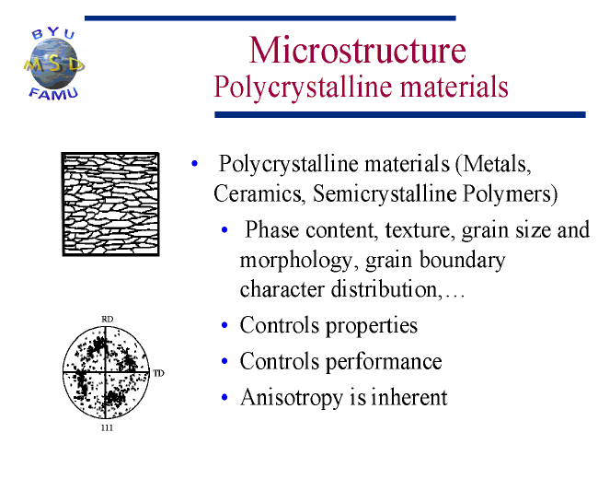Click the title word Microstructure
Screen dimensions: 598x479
pos(357,50)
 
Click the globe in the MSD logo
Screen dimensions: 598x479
pos(53,64)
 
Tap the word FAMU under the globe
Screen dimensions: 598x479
pos(53,94)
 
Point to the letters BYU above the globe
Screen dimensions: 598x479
pos(53,33)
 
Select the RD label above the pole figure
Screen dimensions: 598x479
pos(107,319)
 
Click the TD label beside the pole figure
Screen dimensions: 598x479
pos(158,373)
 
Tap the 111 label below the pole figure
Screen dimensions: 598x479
pos(107,427)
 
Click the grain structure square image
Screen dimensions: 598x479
pos(110,204)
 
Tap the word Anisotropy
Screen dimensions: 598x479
pos(292,398)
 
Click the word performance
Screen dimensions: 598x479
pos(384,362)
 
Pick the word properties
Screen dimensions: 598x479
pos(372,326)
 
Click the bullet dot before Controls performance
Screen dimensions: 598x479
pos(224,361)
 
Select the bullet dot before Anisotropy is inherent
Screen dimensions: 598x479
pos(224,397)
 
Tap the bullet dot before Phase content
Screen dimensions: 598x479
pos(224,230)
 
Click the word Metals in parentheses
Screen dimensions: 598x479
pos(497,164)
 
